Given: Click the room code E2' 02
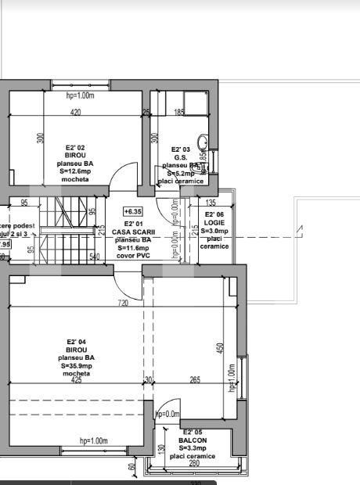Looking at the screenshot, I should tap(76, 146).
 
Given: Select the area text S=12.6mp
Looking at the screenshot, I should tap(76, 170).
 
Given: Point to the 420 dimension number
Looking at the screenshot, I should tap(76, 113).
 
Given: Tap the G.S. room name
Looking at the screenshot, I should tap(181, 157).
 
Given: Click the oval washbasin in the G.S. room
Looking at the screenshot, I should tap(202, 142).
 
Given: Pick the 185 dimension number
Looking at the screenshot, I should tap(179, 113).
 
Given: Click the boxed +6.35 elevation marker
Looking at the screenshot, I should tap(133, 211).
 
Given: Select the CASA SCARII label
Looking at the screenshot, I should tap(134, 232).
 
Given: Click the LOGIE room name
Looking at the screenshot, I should tap(214, 223).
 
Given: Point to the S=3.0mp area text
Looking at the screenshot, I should tap(214, 231).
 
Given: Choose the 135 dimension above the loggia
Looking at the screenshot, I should tap(211, 203).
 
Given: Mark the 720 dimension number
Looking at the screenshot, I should tap(124, 302).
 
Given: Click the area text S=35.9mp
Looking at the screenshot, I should tap(76, 365).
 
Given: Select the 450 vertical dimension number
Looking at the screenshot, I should tap(220, 347).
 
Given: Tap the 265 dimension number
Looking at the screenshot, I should tap(194, 381).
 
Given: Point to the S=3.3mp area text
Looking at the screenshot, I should tap(193, 447).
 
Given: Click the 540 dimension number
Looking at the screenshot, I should tap(95, 256).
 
